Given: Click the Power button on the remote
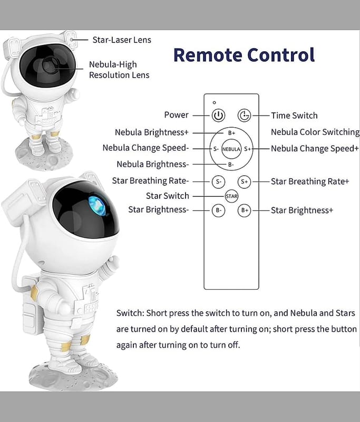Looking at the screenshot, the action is [x=218, y=116].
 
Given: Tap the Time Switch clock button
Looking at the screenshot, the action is [x=244, y=116].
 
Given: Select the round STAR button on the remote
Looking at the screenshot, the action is [x=231, y=196].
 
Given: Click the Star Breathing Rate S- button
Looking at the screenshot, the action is [x=218, y=181].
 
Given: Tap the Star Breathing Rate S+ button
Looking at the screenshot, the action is [x=244, y=181].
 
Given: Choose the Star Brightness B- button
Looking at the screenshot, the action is [x=218, y=210].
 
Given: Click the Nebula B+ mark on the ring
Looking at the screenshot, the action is [x=231, y=133].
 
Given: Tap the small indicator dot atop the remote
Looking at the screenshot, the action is [x=215, y=102].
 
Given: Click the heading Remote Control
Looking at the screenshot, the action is [x=244, y=55].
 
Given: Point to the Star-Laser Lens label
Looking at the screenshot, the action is [x=122, y=40].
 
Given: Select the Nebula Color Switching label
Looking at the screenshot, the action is [x=315, y=132].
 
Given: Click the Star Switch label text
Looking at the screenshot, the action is [x=168, y=196].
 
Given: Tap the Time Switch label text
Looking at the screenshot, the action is [x=294, y=116].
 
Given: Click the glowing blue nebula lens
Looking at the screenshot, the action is [x=97, y=206].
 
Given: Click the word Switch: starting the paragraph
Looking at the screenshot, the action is [x=130, y=313].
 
